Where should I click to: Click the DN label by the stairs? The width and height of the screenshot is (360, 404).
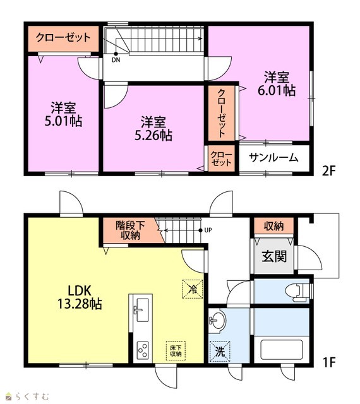coord(116,60)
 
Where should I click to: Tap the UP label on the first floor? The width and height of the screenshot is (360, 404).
coord(208,230)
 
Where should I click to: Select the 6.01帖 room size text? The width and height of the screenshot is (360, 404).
coord(277,90)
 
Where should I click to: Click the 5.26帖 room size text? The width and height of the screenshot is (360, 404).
coord(153,135)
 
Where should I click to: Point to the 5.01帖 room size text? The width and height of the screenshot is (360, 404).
coord(63,121)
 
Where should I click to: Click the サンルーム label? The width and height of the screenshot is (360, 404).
coord(273,157)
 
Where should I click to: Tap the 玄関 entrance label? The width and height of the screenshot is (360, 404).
coord(274,256)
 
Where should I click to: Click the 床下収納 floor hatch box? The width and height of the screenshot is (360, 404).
coord(176,351)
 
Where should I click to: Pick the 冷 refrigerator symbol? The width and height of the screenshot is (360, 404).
coord(193,289)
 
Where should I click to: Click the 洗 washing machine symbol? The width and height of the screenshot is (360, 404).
coord(220,352)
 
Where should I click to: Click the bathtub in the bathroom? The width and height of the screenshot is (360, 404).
coord(281,350)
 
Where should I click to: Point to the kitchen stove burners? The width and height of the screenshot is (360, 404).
coord(143,350)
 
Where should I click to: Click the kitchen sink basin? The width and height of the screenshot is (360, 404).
coord(142,310)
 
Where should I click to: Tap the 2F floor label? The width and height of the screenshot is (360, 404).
coord(328,170)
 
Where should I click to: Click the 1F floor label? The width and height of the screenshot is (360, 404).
coord(328,362)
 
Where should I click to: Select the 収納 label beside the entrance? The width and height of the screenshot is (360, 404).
coord(274,226)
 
